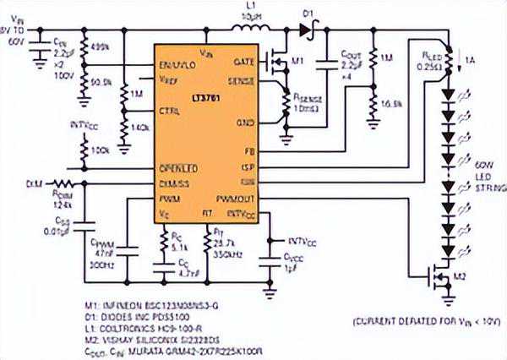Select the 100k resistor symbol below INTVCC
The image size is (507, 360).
coord(84,150)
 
